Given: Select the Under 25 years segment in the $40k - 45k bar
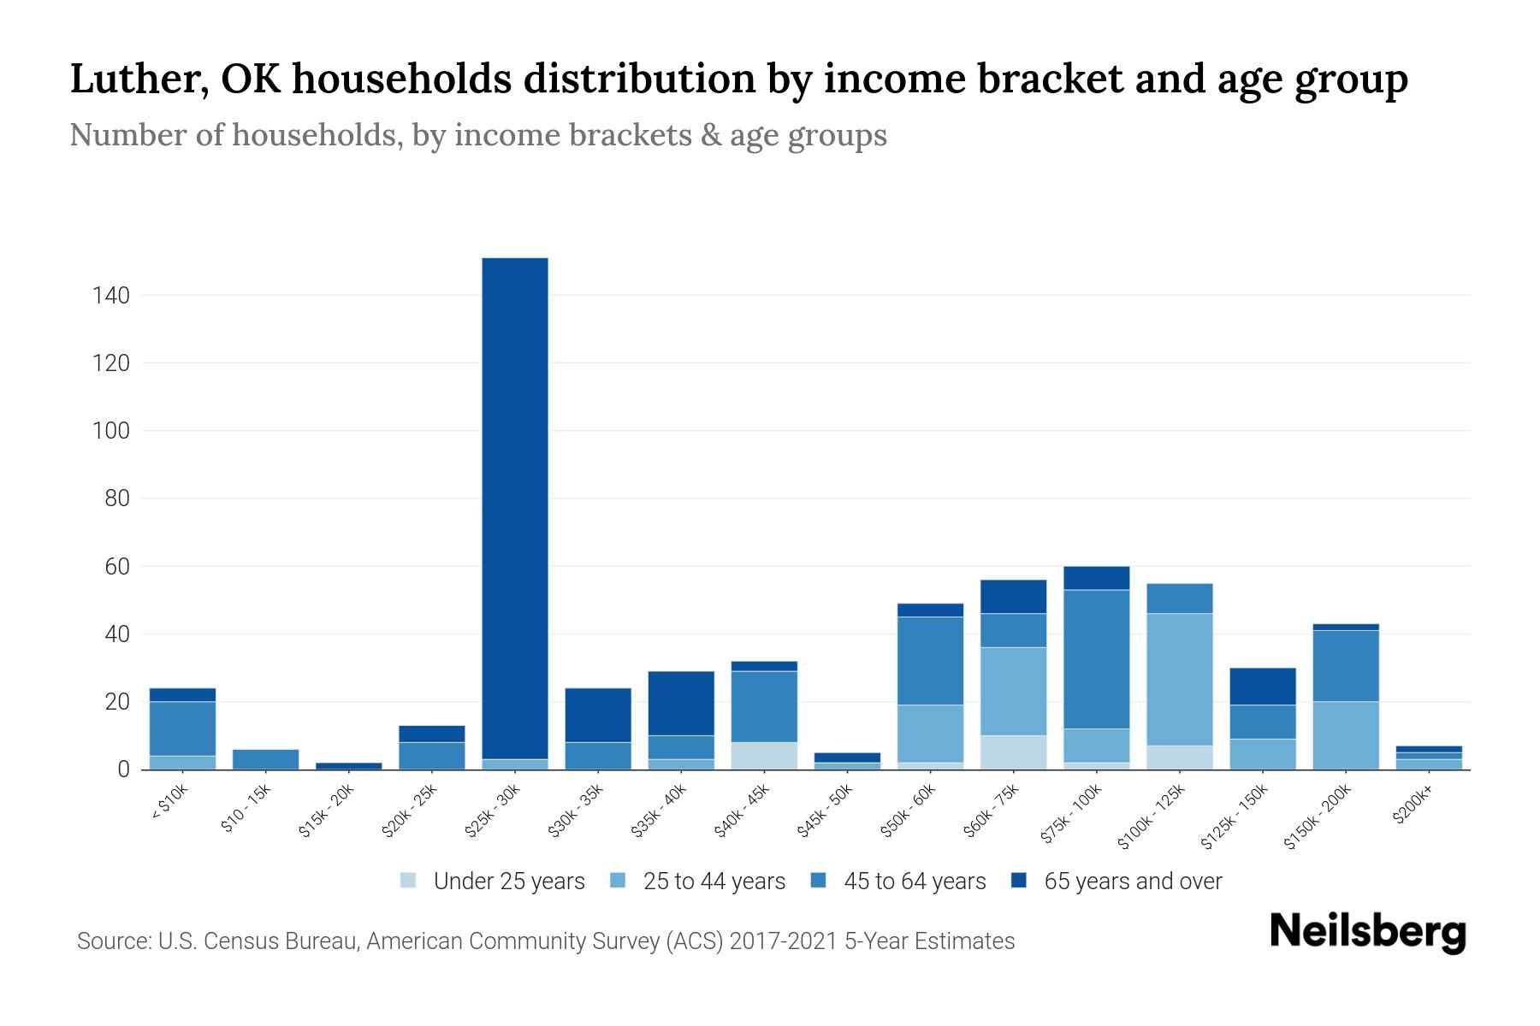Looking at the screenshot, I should [x=764, y=756].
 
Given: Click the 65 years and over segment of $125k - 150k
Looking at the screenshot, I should [x=1263, y=686].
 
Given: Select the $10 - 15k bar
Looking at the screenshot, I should [x=265, y=759].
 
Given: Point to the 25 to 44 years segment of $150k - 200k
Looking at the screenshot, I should [x=1346, y=735].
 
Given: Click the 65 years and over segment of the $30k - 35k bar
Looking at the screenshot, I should [x=598, y=715].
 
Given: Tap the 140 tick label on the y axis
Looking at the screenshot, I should [x=111, y=296].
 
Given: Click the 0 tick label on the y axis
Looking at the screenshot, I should [x=123, y=769].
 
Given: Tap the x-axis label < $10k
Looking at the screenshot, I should [x=170, y=801].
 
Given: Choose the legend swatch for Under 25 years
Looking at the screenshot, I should [x=409, y=880].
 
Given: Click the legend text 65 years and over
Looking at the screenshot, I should [x=1133, y=881].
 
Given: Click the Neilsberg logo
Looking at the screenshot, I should [x=1367, y=931].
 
